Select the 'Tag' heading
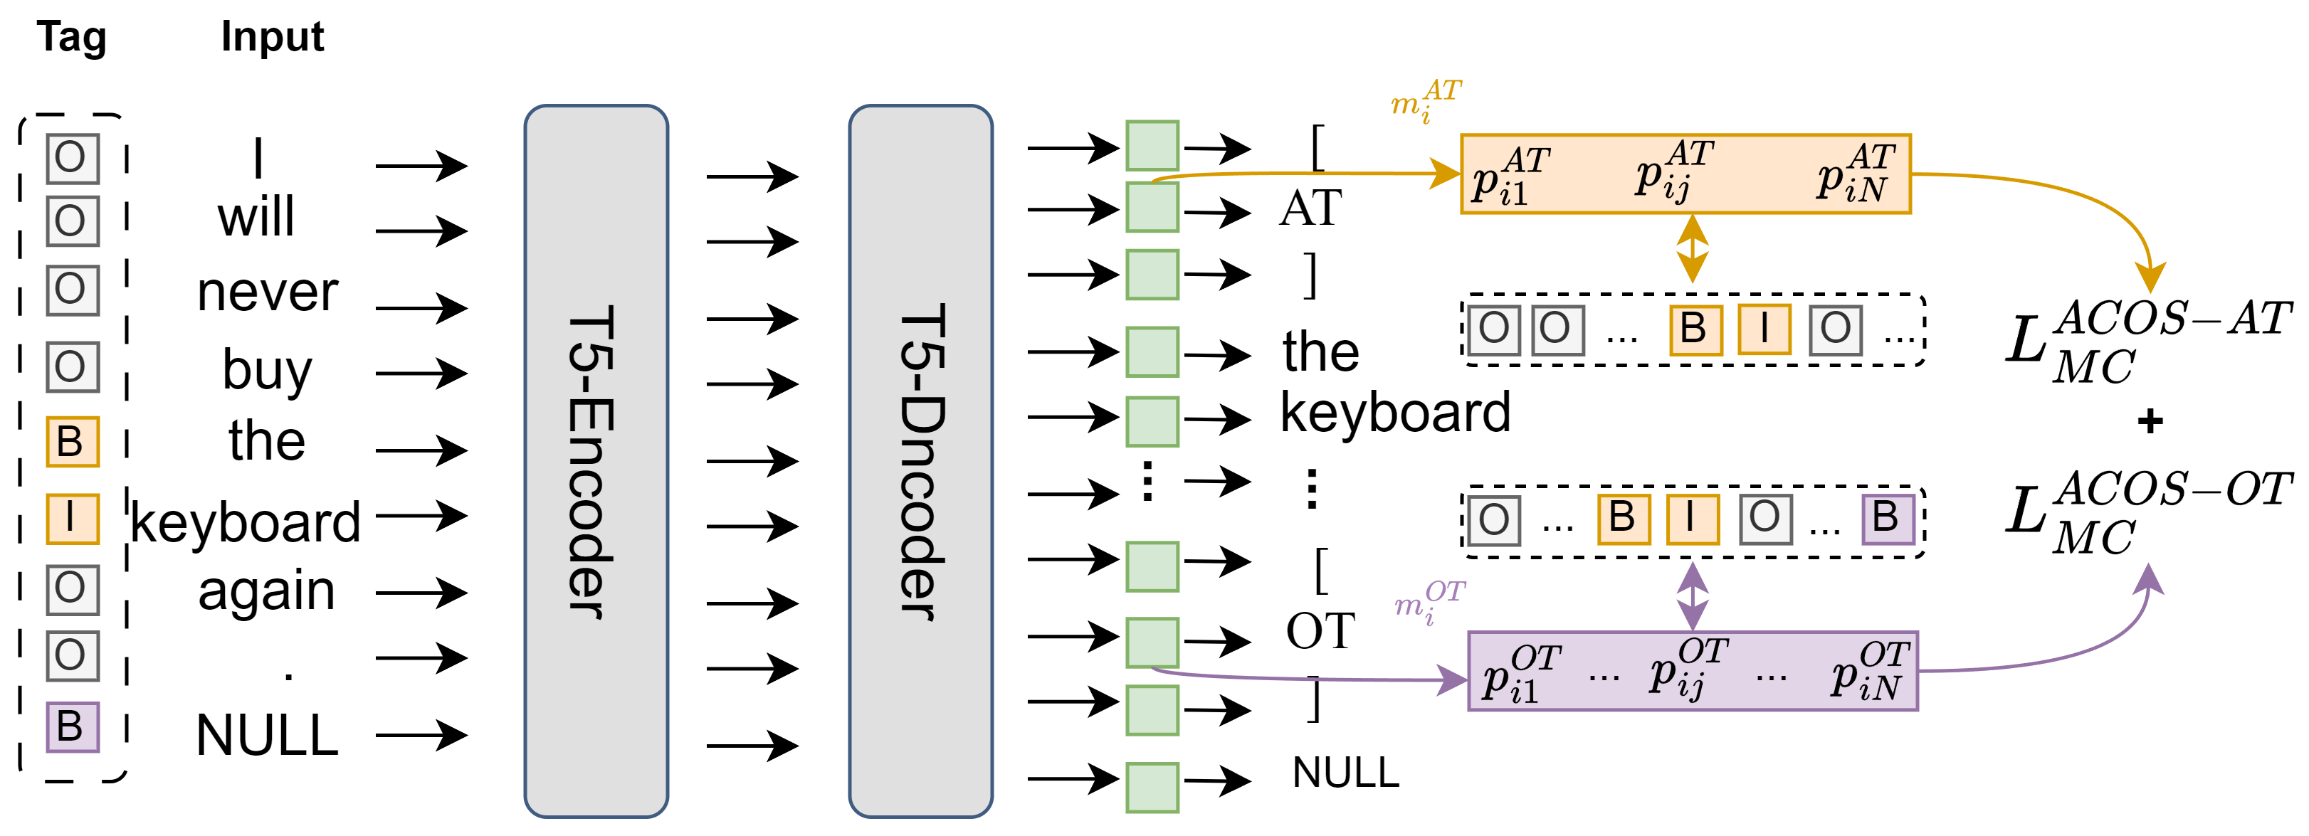[72, 38]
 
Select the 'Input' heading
[273, 38]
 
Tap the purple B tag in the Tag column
[73, 726]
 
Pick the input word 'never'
[267, 293]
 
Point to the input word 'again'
[266, 592]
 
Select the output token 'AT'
[1310, 208]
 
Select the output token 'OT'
[1320, 632]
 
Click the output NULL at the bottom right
[1345, 773]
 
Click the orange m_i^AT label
[1425, 100]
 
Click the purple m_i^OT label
[1429, 601]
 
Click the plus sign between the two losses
[2150, 420]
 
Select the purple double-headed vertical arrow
[1691, 596]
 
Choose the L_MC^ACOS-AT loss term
[2147, 341]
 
